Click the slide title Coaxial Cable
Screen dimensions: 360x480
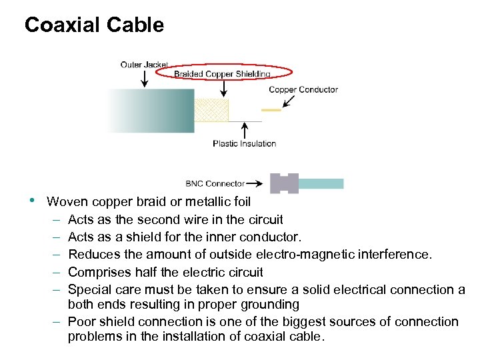tap(94, 25)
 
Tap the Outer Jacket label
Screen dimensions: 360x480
tap(144, 65)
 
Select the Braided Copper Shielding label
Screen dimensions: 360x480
tap(222, 74)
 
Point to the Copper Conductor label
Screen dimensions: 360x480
tap(303, 89)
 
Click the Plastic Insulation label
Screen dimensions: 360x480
tap(244, 143)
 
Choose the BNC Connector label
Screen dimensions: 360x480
tap(215, 183)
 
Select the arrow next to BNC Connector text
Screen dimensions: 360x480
tap(256, 183)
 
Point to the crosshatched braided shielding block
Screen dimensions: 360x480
tap(211, 111)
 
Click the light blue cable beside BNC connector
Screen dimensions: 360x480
tap(321, 183)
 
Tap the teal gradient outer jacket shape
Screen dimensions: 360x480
tap(151, 111)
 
